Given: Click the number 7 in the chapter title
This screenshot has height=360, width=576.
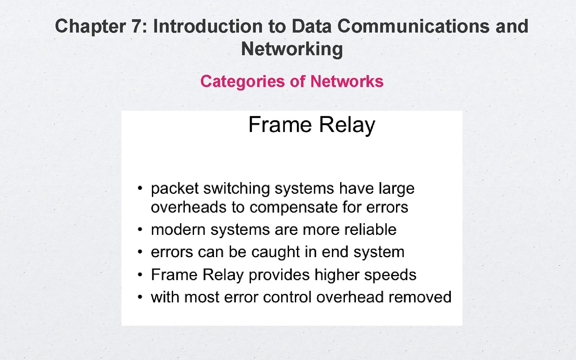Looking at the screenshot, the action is [x=136, y=26].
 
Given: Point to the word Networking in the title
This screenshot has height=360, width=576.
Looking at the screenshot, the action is [x=292, y=49].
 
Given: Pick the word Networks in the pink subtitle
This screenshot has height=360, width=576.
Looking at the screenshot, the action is [x=347, y=82].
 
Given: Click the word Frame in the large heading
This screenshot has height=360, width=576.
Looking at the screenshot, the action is [x=279, y=124].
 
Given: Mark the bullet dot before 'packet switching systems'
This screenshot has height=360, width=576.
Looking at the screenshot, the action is [x=140, y=188].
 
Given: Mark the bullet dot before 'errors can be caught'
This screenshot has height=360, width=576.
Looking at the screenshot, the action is [x=140, y=252].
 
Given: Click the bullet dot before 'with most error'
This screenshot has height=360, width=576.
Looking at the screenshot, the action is [x=140, y=297].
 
